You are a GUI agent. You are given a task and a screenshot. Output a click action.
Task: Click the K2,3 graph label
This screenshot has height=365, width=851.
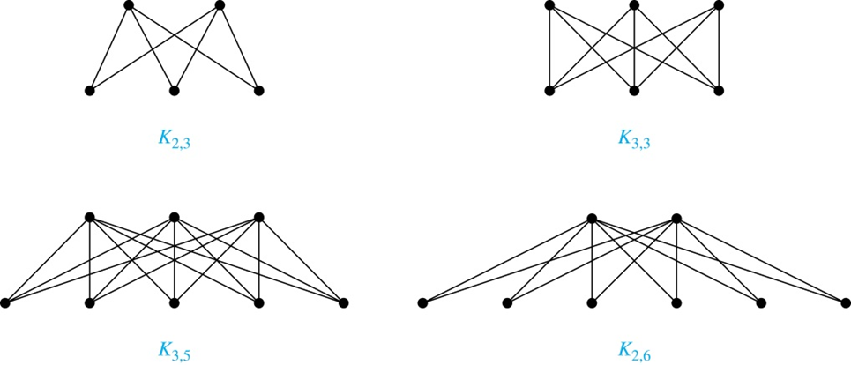click(174, 140)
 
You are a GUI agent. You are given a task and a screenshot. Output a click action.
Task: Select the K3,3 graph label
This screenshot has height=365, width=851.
click(634, 140)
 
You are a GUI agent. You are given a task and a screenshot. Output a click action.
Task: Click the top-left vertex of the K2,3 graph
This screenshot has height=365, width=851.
click(129, 5)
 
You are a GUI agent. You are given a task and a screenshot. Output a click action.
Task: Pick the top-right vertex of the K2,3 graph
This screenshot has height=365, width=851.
click(220, 5)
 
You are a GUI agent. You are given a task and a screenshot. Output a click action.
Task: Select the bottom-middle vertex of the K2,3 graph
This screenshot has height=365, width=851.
click(174, 90)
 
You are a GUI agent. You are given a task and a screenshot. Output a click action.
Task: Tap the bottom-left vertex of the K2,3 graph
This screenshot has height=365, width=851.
click(89, 90)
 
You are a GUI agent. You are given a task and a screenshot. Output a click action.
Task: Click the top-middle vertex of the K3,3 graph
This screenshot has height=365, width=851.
click(634, 5)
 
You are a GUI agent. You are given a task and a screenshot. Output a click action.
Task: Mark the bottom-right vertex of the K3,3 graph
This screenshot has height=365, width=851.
click(719, 90)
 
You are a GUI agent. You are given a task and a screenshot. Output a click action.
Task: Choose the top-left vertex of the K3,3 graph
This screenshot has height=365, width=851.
click(549, 5)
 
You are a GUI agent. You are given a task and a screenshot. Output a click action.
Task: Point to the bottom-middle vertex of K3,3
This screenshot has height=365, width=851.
click(634, 90)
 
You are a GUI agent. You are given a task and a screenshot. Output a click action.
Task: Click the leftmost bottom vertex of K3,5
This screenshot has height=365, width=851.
click(5, 303)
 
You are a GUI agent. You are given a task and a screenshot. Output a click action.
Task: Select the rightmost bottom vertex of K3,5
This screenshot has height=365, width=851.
click(344, 303)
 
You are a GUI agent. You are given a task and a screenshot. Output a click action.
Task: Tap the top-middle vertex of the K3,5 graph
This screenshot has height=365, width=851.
click(174, 218)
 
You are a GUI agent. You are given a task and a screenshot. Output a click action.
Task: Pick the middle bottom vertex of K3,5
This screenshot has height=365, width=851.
click(174, 303)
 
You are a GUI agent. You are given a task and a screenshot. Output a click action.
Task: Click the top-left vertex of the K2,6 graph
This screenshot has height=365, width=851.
click(592, 218)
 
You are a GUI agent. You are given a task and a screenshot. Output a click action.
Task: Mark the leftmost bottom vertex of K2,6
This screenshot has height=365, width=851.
click(422, 303)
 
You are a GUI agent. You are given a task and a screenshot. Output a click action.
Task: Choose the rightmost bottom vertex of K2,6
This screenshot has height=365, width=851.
click(845, 303)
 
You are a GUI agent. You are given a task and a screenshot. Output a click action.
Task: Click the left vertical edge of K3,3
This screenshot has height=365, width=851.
click(549, 48)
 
